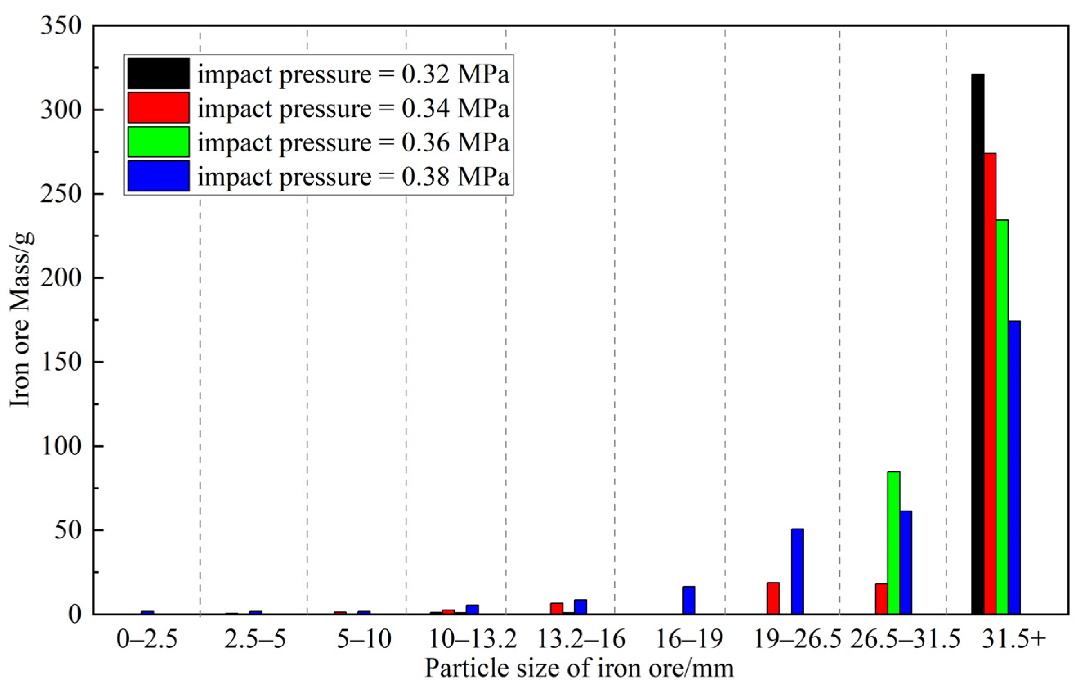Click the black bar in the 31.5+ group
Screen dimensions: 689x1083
pyautogui.click(x=978, y=344)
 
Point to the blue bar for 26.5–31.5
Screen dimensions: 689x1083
pyautogui.click(x=906, y=562)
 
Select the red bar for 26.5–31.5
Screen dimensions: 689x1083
pyautogui.click(x=881, y=599)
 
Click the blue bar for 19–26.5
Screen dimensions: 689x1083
pyautogui.click(x=797, y=571)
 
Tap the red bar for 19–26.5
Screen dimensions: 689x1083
pyautogui.click(x=773, y=598)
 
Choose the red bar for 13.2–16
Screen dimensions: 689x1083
pyautogui.click(x=557, y=608)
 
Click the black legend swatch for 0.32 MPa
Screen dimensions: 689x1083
pyautogui.click(x=158, y=73)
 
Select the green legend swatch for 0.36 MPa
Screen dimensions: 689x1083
pyautogui.click(x=158, y=142)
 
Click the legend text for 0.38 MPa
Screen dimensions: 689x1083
pyautogui.click(x=354, y=176)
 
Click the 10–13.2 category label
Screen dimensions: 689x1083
pyautogui.click(x=473, y=639)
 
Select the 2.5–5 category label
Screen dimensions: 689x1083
pyautogui.click(x=255, y=639)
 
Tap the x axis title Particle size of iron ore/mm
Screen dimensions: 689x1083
pyautogui.click(x=579, y=668)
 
